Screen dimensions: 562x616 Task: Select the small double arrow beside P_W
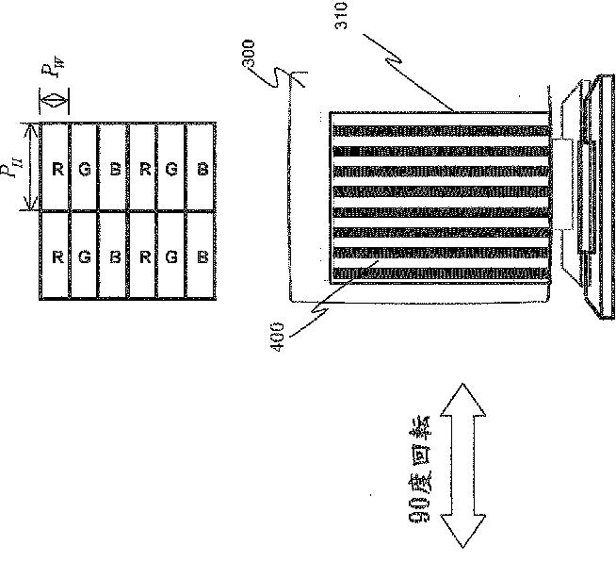pyautogui.click(x=53, y=98)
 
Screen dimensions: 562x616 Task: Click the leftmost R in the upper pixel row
pyautogui.click(x=57, y=170)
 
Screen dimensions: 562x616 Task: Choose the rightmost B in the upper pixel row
pyautogui.click(x=203, y=170)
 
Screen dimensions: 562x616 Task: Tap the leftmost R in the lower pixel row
pyautogui.click(x=57, y=256)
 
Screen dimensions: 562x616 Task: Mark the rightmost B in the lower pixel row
pyautogui.click(x=203, y=256)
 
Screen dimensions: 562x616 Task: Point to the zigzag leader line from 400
pyautogui.click(x=311, y=310)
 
